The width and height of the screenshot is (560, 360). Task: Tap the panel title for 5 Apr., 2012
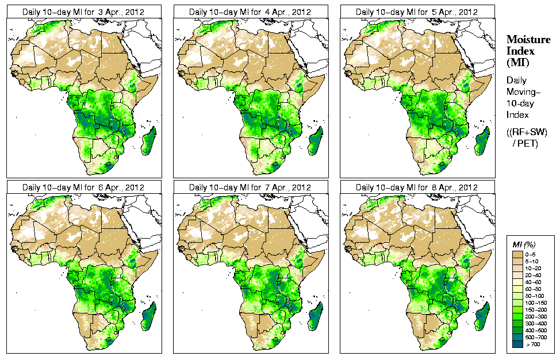coord(417,12)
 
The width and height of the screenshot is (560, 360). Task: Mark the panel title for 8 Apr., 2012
coord(417,187)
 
